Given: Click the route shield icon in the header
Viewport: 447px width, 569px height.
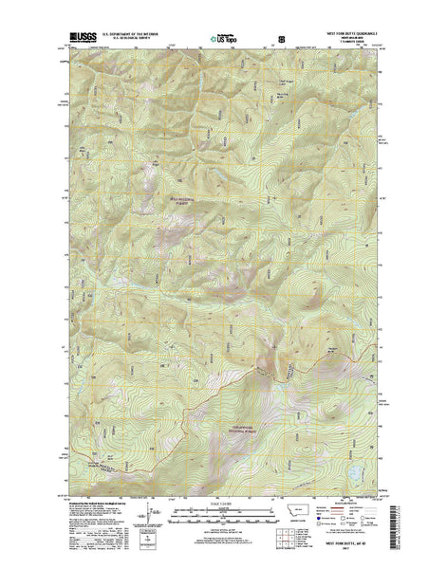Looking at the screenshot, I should pos(278,39).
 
